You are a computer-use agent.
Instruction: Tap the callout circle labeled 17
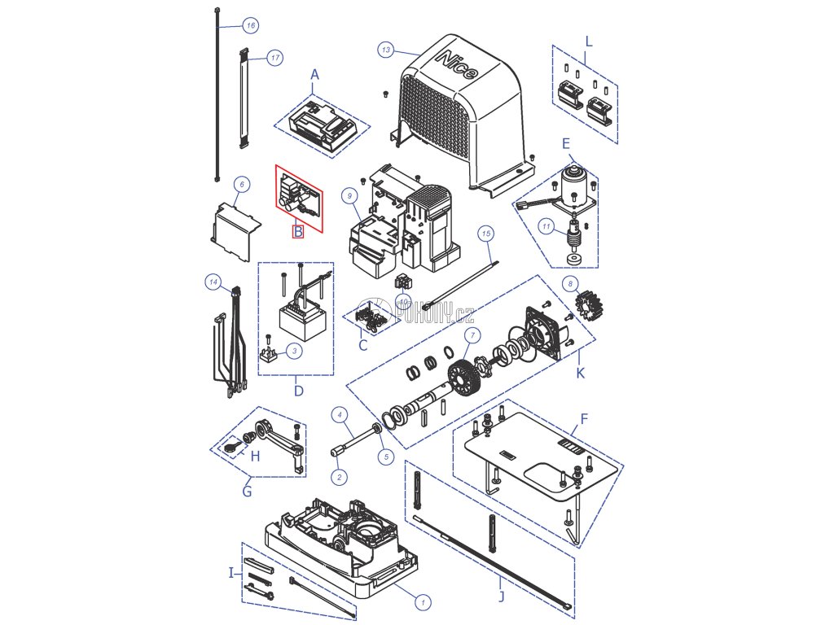pos(274,58)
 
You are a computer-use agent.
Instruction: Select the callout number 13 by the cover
pos(385,50)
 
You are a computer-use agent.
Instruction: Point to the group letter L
pos(589,41)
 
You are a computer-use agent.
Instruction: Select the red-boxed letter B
pos(298,232)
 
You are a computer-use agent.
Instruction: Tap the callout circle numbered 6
pos(240,185)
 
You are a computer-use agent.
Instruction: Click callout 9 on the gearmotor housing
pos(348,195)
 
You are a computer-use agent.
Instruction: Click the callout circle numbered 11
pos(547,226)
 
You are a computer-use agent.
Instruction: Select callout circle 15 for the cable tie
pos(486,234)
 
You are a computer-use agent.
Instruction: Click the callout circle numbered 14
pos(213,282)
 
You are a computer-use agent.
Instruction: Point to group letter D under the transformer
pos(299,391)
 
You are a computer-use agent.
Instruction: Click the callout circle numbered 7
pos(470,336)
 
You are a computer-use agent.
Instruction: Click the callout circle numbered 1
pos(423,603)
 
